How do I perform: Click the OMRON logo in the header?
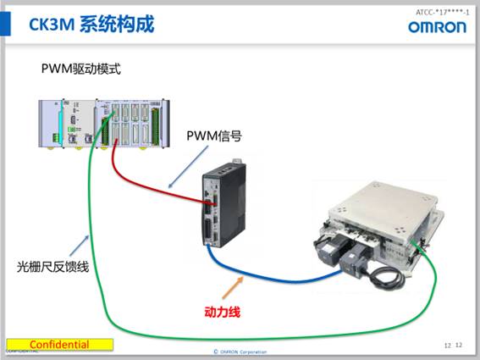point(437,26)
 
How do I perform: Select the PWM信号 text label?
point(214,136)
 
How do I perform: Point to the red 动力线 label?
point(222,312)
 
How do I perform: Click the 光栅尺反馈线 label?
point(53,267)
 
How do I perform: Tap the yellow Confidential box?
point(59,345)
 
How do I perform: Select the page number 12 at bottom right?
point(459,345)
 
